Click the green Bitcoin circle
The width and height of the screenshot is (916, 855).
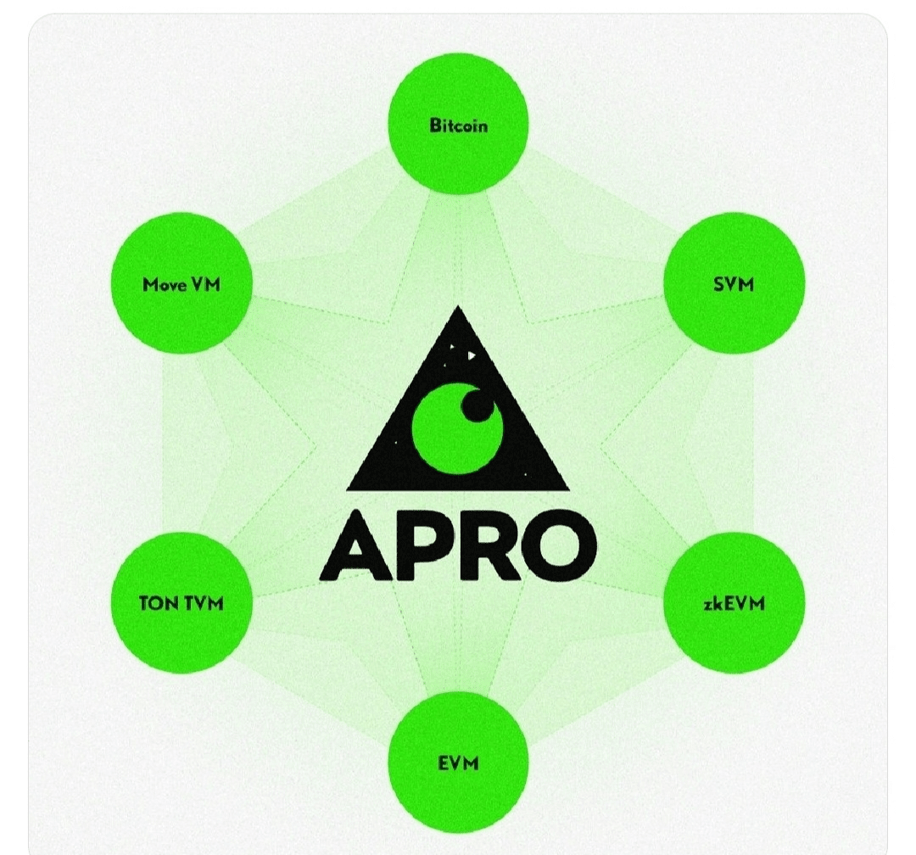point(458,126)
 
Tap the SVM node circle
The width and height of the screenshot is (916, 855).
point(733,283)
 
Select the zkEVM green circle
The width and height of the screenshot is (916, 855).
point(733,602)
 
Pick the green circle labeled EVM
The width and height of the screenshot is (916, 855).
point(458,762)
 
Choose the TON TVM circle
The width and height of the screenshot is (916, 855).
point(182,602)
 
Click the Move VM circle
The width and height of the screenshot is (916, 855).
point(182,283)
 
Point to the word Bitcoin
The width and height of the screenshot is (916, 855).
point(458,126)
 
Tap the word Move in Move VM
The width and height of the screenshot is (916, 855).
point(165,284)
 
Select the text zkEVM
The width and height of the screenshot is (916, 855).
point(733,603)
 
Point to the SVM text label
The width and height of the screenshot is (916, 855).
point(733,284)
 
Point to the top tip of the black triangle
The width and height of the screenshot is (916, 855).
point(459,310)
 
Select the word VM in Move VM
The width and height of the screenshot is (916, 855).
point(205,284)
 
